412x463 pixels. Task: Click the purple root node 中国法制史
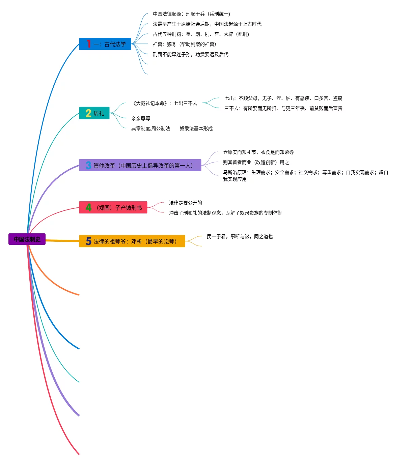click(27, 239)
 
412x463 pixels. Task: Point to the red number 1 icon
click(88, 44)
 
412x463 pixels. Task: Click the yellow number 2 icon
click(88, 113)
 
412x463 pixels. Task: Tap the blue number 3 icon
click(88, 165)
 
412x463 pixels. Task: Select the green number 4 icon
click(88, 207)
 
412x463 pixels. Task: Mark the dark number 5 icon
click(88, 241)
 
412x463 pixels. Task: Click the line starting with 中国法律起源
click(191, 14)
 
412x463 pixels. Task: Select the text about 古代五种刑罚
click(201, 34)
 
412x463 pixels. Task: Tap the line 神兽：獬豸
click(184, 44)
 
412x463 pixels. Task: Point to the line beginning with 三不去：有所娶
click(283, 108)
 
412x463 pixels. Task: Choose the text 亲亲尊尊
click(141, 118)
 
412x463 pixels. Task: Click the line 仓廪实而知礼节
click(258, 152)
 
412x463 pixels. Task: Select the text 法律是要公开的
click(186, 203)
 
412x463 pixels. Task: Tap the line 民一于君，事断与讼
click(240, 236)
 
